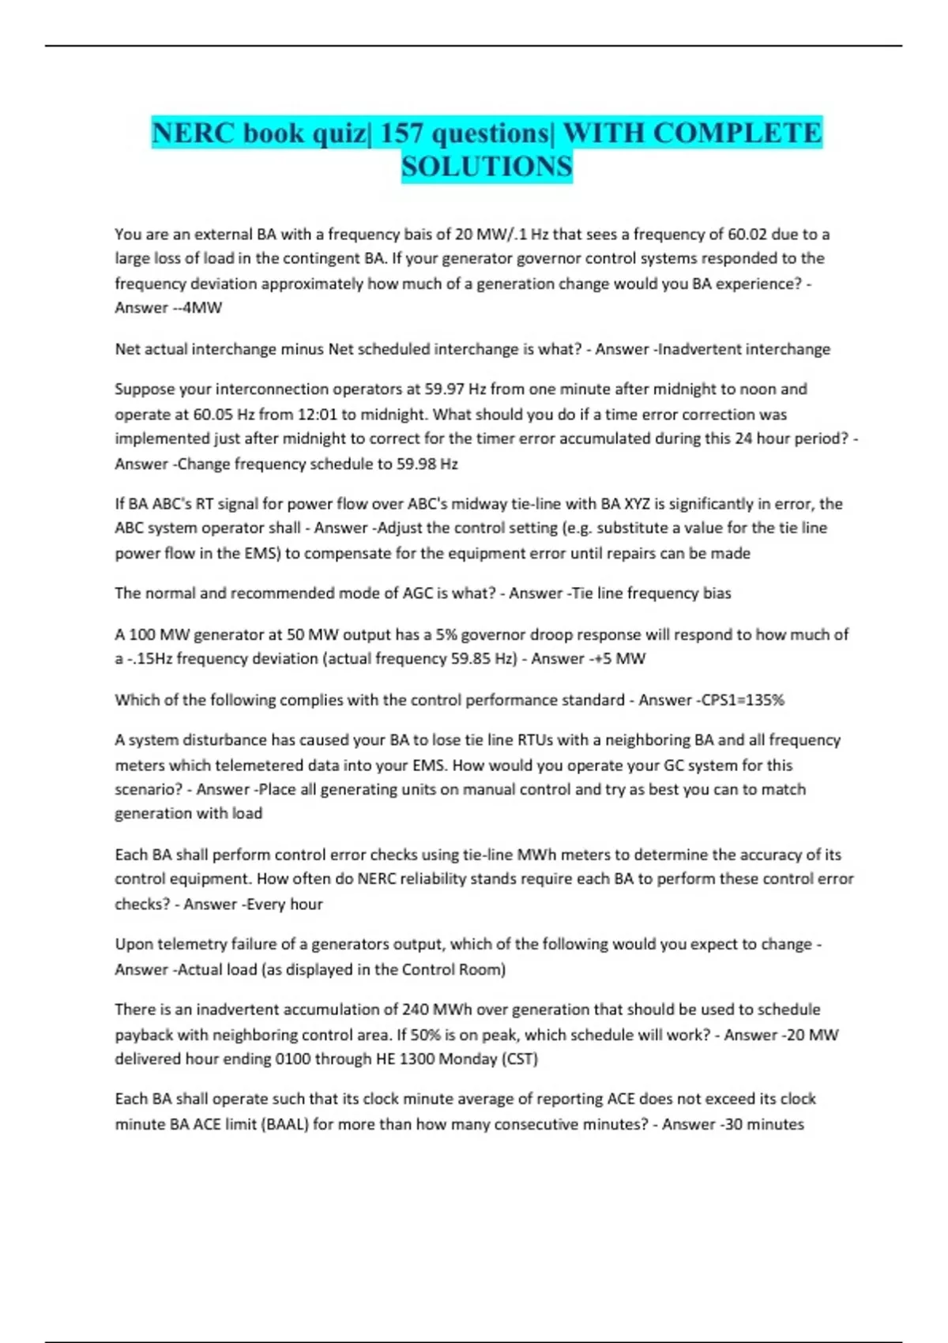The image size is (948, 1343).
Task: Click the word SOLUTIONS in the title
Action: [x=487, y=167]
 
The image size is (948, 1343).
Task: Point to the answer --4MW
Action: [x=197, y=307]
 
